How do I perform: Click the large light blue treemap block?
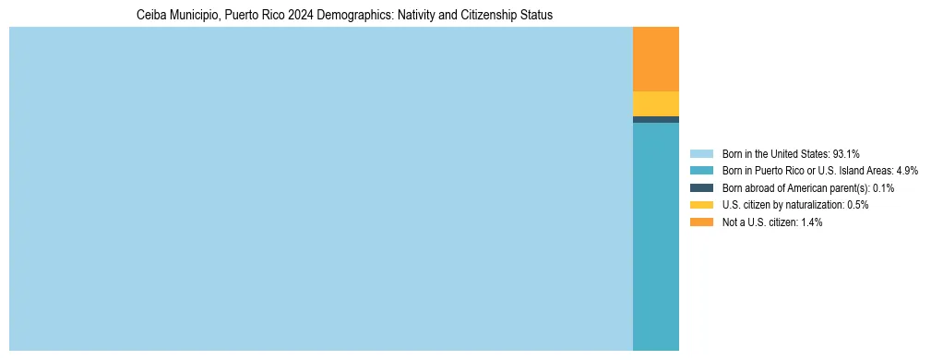pyautogui.click(x=320, y=188)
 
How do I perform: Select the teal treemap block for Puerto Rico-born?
pyautogui.click(x=655, y=236)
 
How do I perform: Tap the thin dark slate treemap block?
pyautogui.click(x=655, y=119)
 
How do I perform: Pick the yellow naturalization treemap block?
pyautogui.click(x=655, y=103)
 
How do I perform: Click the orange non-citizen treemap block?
pyautogui.click(x=655, y=59)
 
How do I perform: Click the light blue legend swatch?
pyautogui.click(x=701, y=153)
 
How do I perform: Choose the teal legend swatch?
pyautogui.click(x=701, y=171)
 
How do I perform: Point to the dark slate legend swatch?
pyautogui.click(x=701, y=187)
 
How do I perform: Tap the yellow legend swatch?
pyautogui.click(x=701, y=205)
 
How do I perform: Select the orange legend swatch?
pyautogui.click(x=701, y=222)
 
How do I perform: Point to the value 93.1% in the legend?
pyautogui.click(x=846, y=153)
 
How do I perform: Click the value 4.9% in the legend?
pyautogui.click(x=906, y=171)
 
